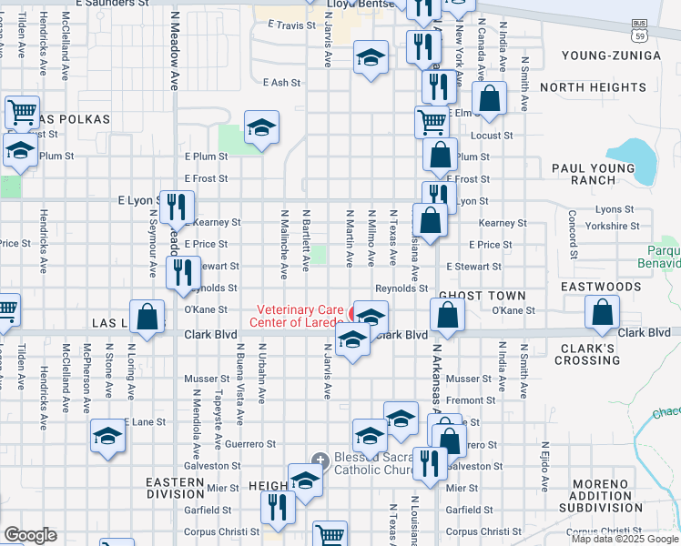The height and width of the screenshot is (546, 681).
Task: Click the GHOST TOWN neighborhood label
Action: coord(482,296)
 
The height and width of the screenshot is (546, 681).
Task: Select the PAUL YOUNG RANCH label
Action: coord(593,174)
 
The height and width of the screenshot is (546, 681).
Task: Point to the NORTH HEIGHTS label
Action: coord(593,87)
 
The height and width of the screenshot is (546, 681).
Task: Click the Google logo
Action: coord(30,535)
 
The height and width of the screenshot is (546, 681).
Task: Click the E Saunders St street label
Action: coord(112,4)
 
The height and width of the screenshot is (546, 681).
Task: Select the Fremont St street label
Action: coord(471,400)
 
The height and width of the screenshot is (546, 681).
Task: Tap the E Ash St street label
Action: coord(281,83)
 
